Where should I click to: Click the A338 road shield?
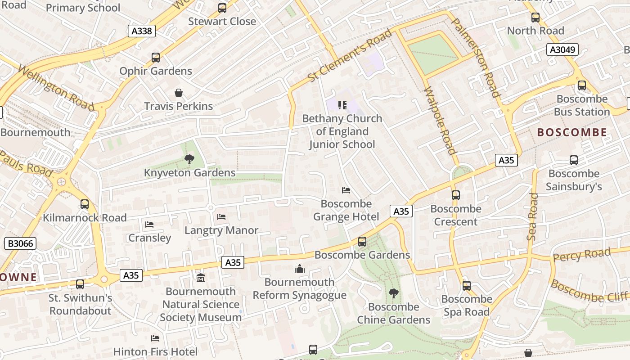[x=142, y=31]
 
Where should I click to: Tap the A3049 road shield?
[x=562, y=49]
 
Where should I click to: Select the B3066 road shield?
[x=20, y=243]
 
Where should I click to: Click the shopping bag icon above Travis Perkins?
[x=179, y=93]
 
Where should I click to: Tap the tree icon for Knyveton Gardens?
[x=189, y=159]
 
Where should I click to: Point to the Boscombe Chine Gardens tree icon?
[x=394, y=293]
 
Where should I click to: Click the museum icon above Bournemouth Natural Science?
[x=201, y=278]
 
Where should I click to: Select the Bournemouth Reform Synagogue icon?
[x=300, y=269]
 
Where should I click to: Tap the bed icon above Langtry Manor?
[x=221, y=217]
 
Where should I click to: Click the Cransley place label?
[x=150, y=238]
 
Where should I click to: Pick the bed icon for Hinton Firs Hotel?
[x=155, y=338]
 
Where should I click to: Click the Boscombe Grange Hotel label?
[x=346, y=210]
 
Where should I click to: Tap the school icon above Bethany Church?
[x=342, y=105]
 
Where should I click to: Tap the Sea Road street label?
[x=533, y=216]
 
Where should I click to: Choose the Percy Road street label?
[x=581, y=255]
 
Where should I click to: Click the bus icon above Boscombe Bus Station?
[x=582, y=85]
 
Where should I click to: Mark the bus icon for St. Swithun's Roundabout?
[x=80, y=284]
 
